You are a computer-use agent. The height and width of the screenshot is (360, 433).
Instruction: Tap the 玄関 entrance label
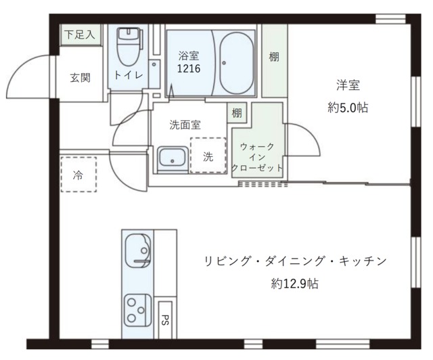pos(80,77)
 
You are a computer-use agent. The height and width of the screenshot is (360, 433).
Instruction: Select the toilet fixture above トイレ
pos(127,45)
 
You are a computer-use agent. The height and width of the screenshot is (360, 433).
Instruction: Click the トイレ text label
pos(129,75)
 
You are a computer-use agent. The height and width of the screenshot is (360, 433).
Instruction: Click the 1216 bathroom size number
pos(189,69)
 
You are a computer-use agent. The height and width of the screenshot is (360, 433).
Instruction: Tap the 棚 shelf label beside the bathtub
pos(273,57)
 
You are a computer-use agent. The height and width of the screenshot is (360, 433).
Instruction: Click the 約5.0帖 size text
pos(348,107)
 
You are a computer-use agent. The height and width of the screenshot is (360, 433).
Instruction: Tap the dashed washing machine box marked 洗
pos(208,156)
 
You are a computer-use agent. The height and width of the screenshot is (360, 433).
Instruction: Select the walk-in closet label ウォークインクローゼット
pos(257,156)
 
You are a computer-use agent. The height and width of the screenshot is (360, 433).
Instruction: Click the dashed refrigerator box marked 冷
pos(78,174)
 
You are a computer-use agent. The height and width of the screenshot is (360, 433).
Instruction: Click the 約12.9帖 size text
pos(295,284)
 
